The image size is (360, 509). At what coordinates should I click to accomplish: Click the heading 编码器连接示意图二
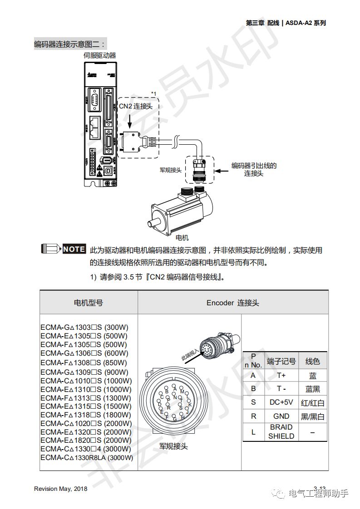coord(70,44)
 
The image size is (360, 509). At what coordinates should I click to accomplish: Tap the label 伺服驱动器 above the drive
coord(100,55)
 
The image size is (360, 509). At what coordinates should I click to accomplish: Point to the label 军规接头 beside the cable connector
coord(171,170)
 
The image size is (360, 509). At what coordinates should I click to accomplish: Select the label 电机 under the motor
coord(182,238)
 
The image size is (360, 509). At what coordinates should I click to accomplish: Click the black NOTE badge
coord(74,249)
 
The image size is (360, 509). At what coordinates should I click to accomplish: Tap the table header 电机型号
coord(89,303)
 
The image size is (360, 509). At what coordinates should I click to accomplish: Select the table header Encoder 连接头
coord(232,303)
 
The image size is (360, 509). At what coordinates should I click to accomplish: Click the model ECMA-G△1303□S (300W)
coord(84,327)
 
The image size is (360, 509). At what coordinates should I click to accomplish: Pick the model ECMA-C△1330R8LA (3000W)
coord(87,457)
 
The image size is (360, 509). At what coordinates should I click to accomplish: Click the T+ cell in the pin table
coord(281,376)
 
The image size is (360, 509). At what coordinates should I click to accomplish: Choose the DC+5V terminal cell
coord(281,402)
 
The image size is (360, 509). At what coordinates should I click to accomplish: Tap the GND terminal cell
coord(281,416)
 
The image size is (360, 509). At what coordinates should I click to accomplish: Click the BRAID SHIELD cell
coord(281,431)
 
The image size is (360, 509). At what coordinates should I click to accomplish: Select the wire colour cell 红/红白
coord(312,403)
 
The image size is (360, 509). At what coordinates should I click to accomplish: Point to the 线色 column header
coord(312,361)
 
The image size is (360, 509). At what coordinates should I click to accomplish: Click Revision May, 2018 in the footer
coord(60,489)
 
